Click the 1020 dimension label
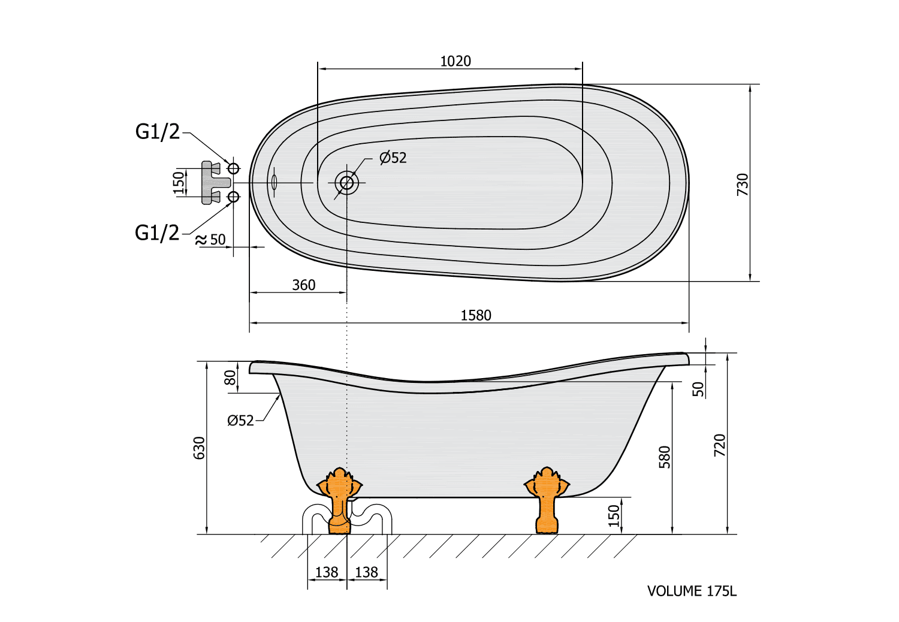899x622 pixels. [x=455, y=61]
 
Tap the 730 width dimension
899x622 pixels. [x=743, y=185]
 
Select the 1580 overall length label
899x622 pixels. [x=476, y=315]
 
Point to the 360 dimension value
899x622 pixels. [x=304, y=285]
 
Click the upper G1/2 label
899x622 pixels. [x=157, y=132]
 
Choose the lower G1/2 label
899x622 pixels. [x=157, y=233]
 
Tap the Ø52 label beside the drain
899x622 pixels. [x=393, y=158]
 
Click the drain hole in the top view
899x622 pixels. [x=347, y=183]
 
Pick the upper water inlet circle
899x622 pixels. [x=233, y=168]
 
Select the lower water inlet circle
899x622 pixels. [x=233, y=197]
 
